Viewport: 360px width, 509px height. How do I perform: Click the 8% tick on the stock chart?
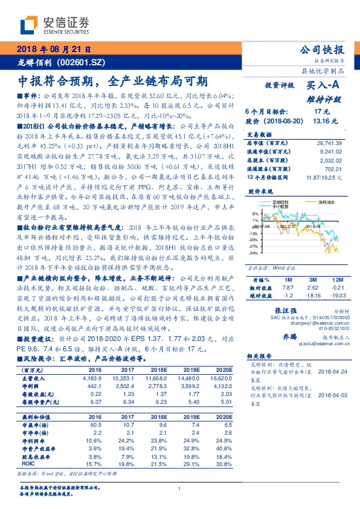pyautogui.click(x=255, y=213)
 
